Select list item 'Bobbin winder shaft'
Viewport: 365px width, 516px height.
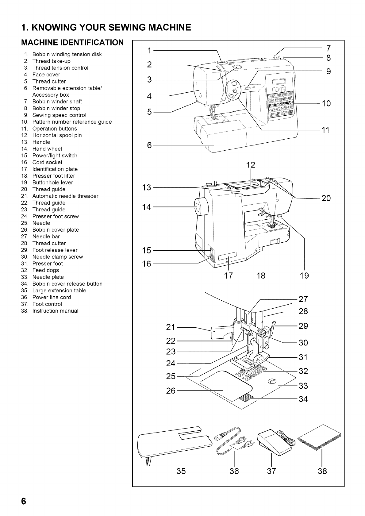click(x=57, y=102)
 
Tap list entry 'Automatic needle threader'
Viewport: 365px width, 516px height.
click(x=65, y=196)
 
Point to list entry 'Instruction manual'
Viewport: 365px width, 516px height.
click(x=55, y=311)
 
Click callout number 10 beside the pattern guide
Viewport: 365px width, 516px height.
click(x=326, y=104)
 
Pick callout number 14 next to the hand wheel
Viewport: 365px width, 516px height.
click(x=147, y=207)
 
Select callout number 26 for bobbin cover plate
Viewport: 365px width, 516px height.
click(x=171, y=391)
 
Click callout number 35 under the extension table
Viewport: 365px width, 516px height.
click(x=181, y=471)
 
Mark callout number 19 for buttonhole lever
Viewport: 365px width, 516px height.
click(x=304, y=275)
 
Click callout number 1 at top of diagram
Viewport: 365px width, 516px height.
click(x=149, y=50)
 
